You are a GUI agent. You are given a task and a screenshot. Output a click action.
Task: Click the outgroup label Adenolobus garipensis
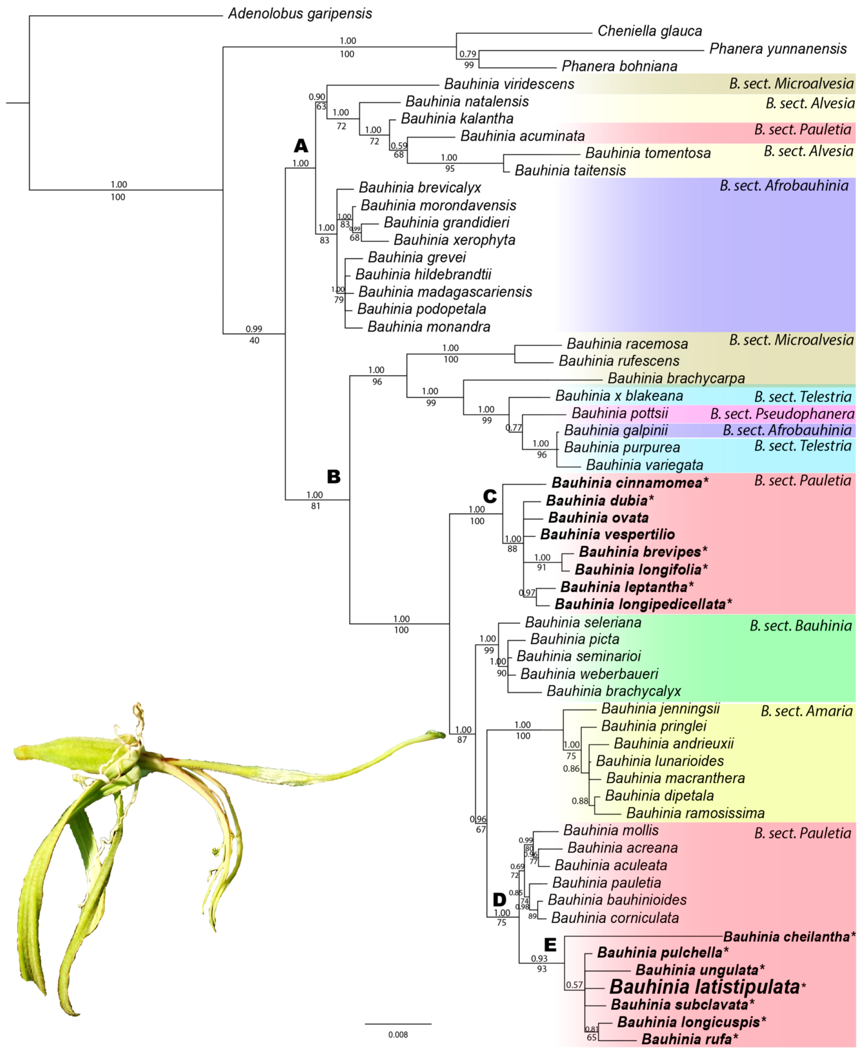300,13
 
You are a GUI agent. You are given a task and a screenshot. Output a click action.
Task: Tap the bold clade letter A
301,146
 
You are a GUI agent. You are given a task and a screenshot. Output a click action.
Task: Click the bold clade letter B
334,477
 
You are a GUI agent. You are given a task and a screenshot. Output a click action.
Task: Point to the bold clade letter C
490,496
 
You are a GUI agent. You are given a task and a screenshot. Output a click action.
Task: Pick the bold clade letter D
498,900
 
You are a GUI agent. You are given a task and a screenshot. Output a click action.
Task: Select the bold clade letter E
550,945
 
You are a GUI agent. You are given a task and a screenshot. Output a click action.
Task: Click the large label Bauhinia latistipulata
704,987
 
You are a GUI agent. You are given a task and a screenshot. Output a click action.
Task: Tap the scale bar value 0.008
398,1035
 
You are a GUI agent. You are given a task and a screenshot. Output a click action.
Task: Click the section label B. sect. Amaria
806,711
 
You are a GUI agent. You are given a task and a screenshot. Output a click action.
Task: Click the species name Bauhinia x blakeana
619,396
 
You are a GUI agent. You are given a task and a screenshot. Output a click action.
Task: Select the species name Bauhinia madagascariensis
445,292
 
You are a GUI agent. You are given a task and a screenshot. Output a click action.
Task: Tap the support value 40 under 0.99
254,341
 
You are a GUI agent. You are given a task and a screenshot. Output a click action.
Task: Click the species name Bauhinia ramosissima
695,813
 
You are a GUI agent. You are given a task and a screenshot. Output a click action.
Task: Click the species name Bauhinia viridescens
509,84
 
